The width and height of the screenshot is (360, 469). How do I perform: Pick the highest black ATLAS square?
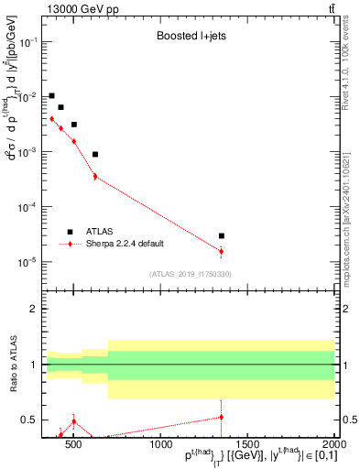click(x=52, y=95)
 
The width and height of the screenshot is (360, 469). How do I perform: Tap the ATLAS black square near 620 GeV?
click(x=95, y=154)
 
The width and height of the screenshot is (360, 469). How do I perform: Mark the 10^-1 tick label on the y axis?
click(x=28, y=43)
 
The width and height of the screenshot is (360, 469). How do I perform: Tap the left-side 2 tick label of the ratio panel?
click(x=34, y=310)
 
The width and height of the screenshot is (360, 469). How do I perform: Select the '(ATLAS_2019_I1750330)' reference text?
click(x=190, y=274)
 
